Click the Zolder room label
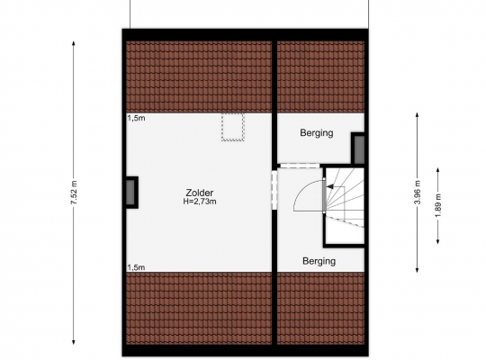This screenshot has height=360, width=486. pos(200,193)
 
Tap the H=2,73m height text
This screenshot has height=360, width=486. pos(200,202)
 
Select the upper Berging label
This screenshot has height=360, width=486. pos(317,133)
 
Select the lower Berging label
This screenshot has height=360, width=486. pos(319,261)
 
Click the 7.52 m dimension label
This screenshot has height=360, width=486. pos(74,193)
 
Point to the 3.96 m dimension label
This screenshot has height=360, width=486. pos(418,193)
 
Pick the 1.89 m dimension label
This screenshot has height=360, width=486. pos(438,205)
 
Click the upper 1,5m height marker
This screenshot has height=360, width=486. pos(136,118)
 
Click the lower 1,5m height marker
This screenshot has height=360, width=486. pos(136,267)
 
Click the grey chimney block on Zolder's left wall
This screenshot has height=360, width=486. pos(130,193)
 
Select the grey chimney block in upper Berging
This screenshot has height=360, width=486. pos(359,149)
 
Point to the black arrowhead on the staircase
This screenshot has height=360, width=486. pos(330,186)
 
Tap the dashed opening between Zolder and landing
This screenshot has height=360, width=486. pos(274,190)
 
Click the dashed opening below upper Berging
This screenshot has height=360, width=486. pos(300,166)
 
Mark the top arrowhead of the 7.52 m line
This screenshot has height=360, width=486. pos(74,43)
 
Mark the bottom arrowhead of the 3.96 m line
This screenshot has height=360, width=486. pos(418,270)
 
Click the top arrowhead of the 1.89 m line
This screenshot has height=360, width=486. pos(438,170)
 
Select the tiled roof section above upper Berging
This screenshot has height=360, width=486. pos(320,76)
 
